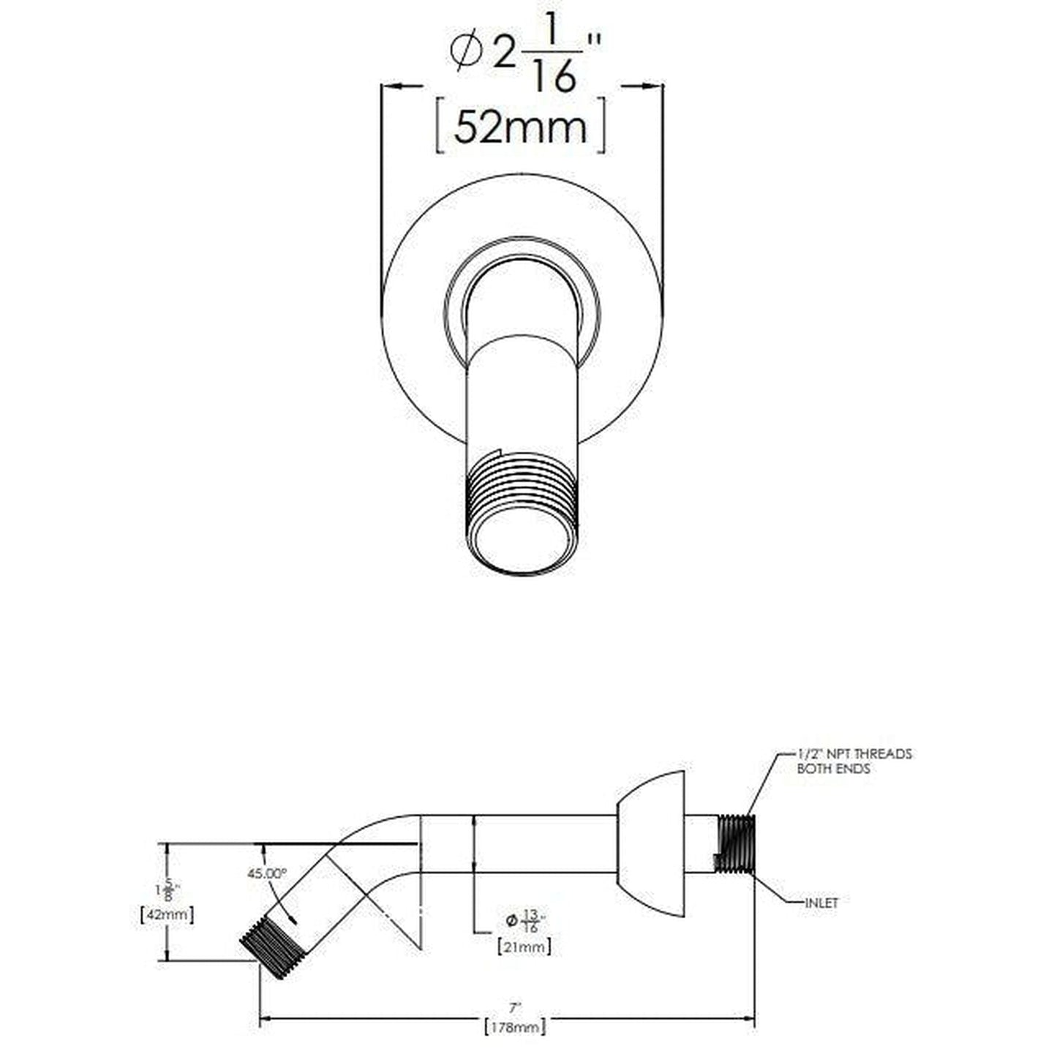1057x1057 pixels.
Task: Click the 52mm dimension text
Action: pyautogui.click(x=520, y=127)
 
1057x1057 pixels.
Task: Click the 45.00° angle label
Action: pyautogui.click(x=266, y=873)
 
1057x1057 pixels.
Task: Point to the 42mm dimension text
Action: pyautogui.click(x=167, y=914)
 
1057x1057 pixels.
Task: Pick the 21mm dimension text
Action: pyautogui.click(x=524, y=947)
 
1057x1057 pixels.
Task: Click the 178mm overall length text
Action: pyautogui.click(x=515, y=1027)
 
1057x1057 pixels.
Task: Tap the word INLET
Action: pyautogui.click(x=821, y=903)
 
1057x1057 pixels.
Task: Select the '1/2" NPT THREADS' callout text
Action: pyautogui.click(x=854, y=754)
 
